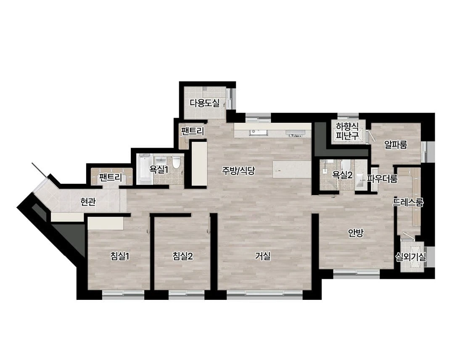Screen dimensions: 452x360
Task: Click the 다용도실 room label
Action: [x=204, y=103]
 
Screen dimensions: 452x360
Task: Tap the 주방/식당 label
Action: [x=238, y=171]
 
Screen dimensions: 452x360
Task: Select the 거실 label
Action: [x=263, y=256]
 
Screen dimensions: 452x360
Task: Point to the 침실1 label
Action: [x=120, y=256]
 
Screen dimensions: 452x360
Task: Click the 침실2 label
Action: [x=182, y=256]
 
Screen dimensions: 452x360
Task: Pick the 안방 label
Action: [x=356, y=233]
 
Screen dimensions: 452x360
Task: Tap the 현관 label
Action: [x=88, y=202]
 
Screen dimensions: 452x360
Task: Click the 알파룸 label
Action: [x=396, y=145]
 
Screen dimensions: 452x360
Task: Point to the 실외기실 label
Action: [x=411, y=257]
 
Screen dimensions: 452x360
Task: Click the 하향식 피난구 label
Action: [x=347, y=131]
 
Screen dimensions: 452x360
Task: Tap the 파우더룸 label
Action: [x=382, y=179]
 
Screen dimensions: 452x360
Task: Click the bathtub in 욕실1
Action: [x=144, y=169]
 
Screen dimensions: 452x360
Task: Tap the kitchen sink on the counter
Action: [x=259, y=132]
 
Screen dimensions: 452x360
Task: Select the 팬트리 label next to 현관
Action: [x=111, y=177]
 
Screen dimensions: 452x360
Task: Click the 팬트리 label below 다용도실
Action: [x=193, y=132]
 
